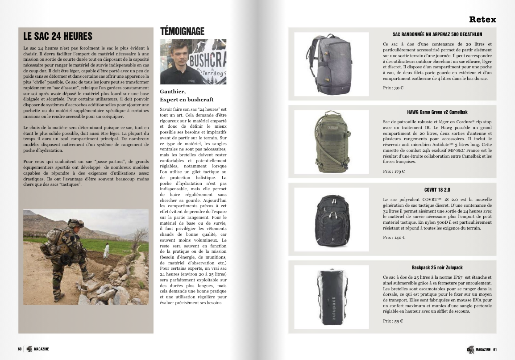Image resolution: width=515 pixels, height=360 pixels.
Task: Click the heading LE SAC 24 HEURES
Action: tap(58, 36)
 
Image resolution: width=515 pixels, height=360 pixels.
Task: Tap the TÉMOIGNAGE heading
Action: tap(182, 31)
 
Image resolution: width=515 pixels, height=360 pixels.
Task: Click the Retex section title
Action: tap(482, 20)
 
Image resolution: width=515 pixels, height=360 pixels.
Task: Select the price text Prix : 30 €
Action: tap(393, 88)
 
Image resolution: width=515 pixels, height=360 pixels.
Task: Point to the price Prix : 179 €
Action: tap(394, 171)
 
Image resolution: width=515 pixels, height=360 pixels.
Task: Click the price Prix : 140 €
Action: tap(394, 238)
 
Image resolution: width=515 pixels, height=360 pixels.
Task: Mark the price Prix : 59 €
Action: tap(393, 321)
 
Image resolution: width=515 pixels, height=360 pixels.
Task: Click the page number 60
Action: tap(20, 349)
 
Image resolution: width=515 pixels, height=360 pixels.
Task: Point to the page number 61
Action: tap(495, 349)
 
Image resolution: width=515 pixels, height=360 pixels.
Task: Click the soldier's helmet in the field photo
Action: tap(76, 222)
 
